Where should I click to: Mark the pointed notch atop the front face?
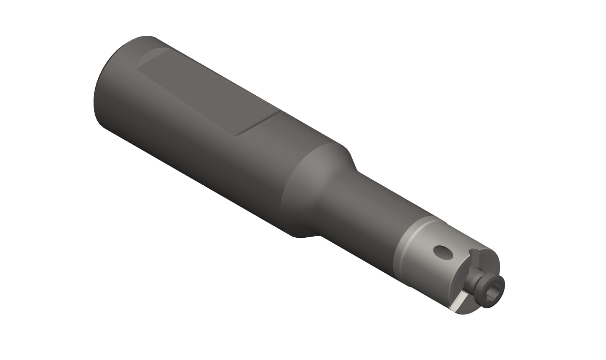click(x=472, y=252)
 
